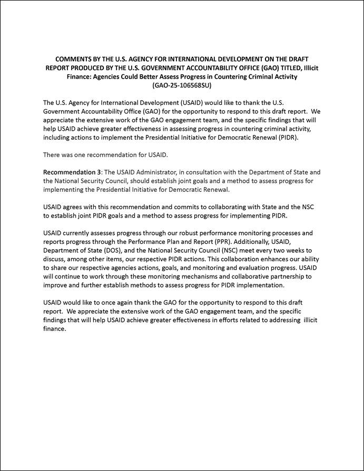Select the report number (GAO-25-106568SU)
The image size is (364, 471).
point(182,85)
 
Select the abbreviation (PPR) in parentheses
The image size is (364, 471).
point(197,241)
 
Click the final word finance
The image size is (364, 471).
point(55,329)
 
